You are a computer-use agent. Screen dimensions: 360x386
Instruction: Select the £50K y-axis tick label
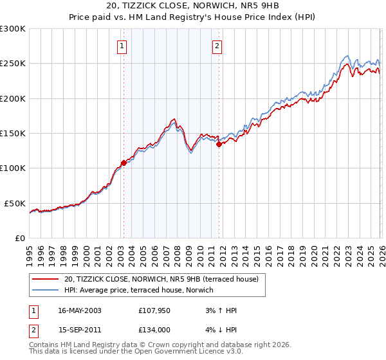(x=15, y=203)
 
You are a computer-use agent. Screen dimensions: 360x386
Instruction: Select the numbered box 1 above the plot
(x=122, y=46)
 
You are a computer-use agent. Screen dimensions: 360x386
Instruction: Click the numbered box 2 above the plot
(x=217, y=46)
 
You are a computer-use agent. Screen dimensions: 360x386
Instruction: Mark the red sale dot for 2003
(x=124, y=163)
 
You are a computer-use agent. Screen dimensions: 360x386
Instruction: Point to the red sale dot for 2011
(x=219, y=145)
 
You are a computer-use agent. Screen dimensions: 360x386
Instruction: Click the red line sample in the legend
(x=45, y=279)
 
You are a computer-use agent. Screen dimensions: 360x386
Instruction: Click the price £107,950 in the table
(x=153, y=310)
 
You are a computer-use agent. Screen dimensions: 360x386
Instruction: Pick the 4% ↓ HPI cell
(x=219, y=329)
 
